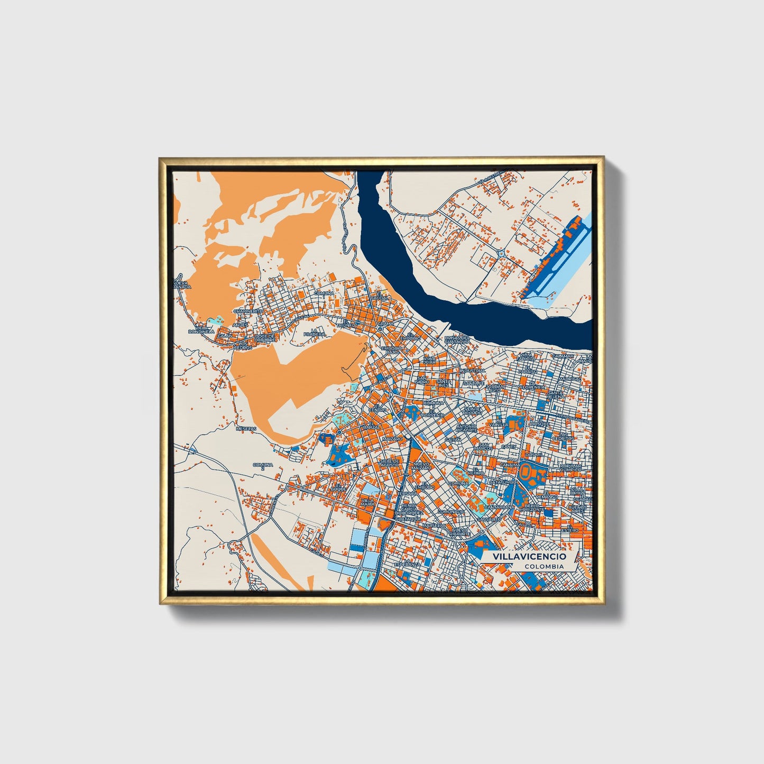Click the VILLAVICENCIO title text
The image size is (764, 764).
click(x=529, y=557)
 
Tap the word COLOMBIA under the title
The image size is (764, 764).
click(x=544, y=566)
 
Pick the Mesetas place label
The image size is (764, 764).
click(x=245, y=429)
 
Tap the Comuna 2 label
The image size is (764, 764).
click(x=263, y=466)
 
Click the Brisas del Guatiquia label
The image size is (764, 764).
click(x=457, y=339)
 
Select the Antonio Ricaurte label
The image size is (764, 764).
click(x=466, y=428)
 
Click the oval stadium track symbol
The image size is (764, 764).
click(x=527, y=471)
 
